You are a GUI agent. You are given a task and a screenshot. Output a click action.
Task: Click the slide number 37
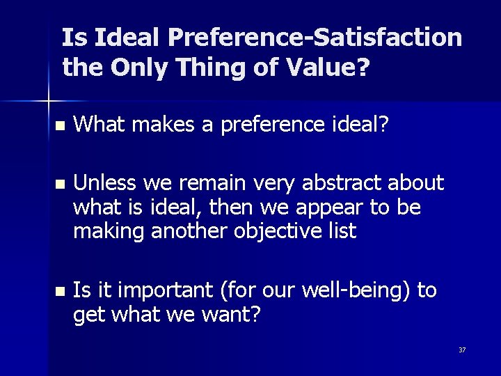[462, 349]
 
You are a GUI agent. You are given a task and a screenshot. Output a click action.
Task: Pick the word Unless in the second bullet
[104, 183]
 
